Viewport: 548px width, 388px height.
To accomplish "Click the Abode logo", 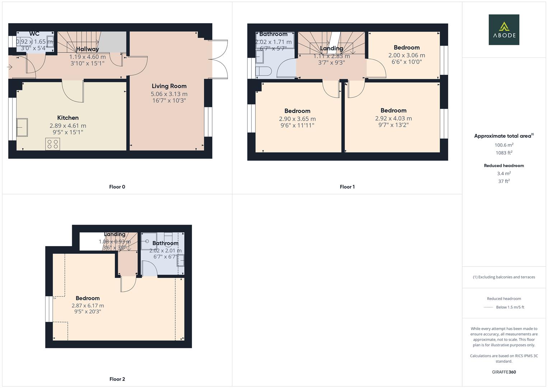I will [503, 29].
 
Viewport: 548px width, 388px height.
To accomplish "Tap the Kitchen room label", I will [68, 118].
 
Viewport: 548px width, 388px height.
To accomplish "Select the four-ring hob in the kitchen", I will [53, 144].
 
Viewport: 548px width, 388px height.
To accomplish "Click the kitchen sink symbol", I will [22, 127].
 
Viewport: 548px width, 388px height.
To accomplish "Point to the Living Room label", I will [169, 86].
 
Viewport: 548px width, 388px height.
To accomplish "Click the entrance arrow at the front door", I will [10, 67].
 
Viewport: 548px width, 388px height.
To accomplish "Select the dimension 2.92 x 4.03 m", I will [393, 119].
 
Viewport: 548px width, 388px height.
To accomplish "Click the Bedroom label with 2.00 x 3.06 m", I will [407, 47].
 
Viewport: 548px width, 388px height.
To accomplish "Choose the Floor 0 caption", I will [117, 187].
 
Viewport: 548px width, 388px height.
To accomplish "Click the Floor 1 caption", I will [347, 187].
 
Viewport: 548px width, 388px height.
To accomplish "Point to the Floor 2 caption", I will [117, 379].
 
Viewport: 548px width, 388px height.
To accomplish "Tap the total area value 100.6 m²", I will [504, 145].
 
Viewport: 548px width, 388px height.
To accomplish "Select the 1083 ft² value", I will [504, 153].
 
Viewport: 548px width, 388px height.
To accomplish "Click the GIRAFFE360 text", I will [504, 372].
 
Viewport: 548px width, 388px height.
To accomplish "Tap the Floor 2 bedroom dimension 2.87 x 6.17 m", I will [88, 306].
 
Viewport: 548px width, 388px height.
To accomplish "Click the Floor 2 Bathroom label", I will [165, 243].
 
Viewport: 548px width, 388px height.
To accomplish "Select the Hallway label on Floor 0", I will [87, 49].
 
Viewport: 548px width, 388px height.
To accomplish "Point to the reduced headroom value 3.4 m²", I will [504, 174].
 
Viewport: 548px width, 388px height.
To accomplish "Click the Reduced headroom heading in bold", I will [504, 166].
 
